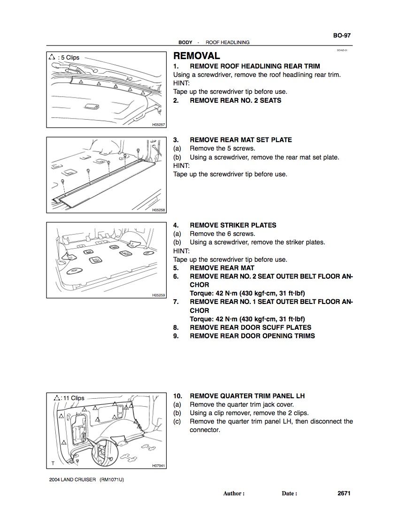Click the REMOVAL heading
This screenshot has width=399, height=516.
coord(197,56)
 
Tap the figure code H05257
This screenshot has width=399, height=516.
coord(158,125)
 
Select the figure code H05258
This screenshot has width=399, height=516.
coord(158,210)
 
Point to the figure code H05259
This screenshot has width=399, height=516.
coord(158,296)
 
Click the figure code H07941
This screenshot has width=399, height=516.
coord(158,466)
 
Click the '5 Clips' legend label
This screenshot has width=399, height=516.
coord(69,58)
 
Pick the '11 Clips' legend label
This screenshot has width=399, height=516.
coord(73,398)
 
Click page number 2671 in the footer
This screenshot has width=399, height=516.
coord(344,493)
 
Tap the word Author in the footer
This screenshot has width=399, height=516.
coord(233,493)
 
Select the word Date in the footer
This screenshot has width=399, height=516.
coord(289,493)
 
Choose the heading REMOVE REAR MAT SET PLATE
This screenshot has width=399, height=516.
coord(240,140)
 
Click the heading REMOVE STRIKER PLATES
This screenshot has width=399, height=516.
coord(233,225)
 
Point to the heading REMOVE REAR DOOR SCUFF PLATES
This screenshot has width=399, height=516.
coord(250,327)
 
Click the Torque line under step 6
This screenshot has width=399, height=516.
coord(247,294)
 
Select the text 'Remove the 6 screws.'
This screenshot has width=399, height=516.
coord(223,234)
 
